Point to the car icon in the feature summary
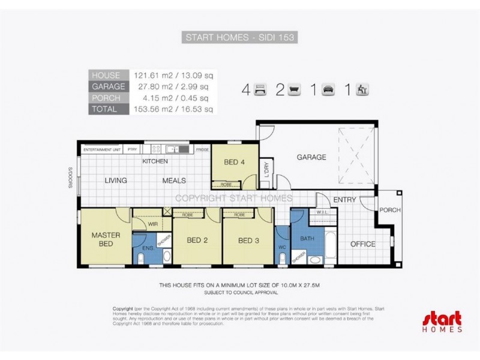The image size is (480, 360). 328,91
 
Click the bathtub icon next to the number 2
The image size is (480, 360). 294,91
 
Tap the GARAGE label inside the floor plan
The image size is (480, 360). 311,157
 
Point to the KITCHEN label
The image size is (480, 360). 155,162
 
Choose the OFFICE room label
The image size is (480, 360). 363,244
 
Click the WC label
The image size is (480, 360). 283,247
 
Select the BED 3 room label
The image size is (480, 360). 248,241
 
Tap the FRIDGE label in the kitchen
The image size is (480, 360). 202,149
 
